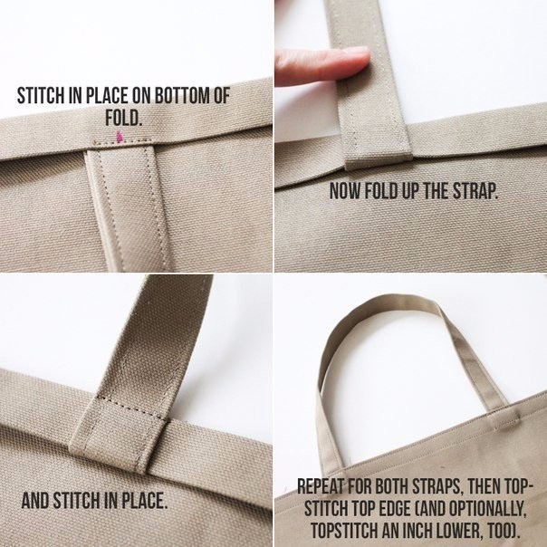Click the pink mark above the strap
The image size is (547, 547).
click(x=120, y=137)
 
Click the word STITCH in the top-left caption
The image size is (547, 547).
click(x=41, y=96)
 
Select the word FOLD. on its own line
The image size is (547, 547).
click(x=124, y=119)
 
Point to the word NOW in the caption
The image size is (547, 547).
click(x=344, y=190)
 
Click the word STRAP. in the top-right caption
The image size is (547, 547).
click(x=475, y=190)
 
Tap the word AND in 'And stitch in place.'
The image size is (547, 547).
click(x=35, y=500)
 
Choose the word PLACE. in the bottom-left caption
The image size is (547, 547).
click(x=144, y=500)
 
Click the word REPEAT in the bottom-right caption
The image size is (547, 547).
click(x=321, y=486)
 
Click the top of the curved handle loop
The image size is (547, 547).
click(x=388, y=300)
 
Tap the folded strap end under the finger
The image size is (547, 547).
click(x=379, y=161)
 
